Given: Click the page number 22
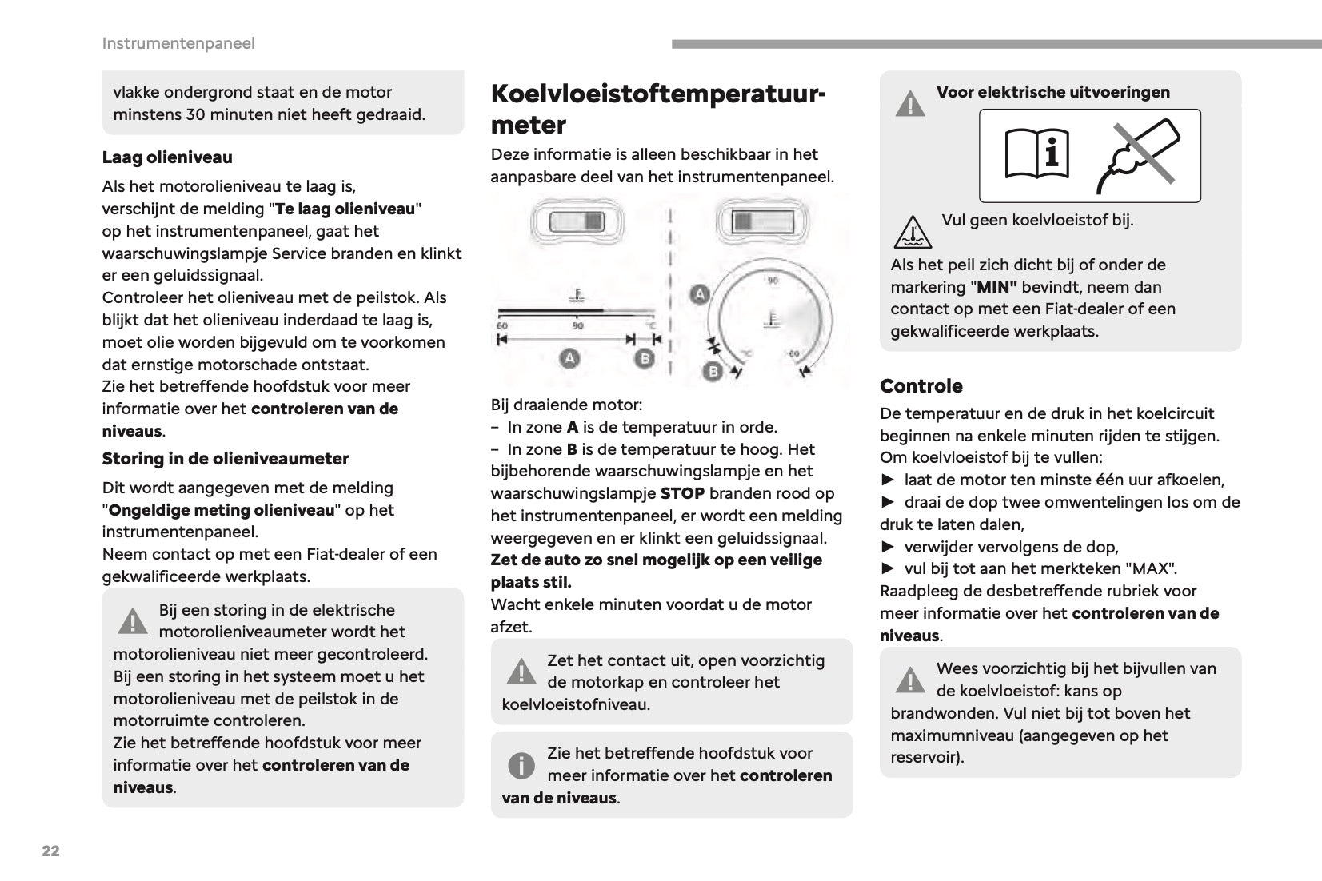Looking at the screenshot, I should click(x=50, y=851).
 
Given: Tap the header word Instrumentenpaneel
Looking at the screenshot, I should click(x=178, y=43).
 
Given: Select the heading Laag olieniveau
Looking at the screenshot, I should click(x=167, y=157).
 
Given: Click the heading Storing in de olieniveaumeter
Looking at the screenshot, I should click(x=226, y=459).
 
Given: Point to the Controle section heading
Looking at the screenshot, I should click(x=921, y=386).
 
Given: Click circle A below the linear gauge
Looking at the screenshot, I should click(x=569, y=358).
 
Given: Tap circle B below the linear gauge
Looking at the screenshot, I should click(x=645, y=358).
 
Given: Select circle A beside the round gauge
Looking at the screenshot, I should click(x=700, y=293).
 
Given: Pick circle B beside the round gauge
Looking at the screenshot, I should click(x=712, y=371).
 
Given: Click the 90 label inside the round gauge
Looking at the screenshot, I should click(x=773, y=281).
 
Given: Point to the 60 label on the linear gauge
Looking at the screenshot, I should click(x=502, y=325).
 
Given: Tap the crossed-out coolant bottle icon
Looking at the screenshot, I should click(x=1138, y=155).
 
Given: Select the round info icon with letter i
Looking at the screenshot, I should click(x=521, y=766).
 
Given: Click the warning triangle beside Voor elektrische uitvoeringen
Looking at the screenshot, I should click(x=910, y=104).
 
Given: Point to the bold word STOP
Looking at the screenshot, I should click(x=682, y=493).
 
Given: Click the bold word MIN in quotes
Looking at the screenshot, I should click(x=993, y=287).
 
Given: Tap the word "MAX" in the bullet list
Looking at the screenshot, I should click(x=1150, y=569).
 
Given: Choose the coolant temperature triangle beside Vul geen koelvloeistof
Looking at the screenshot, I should click(x=909, y=232).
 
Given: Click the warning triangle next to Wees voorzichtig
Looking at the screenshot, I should click(x=910, y=680).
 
